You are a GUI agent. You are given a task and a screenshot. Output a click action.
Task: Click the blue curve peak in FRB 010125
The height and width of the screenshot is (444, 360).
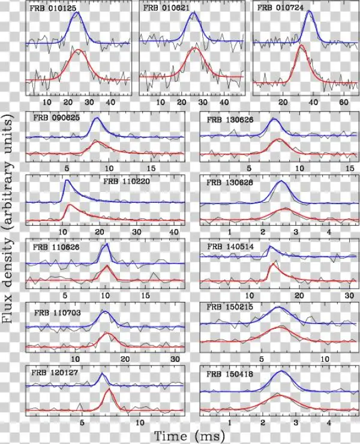pyautogui.click(x=76, y=12)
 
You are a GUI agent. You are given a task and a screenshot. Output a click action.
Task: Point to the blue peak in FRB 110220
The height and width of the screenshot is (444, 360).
pyautogui.click(x=67, y=180)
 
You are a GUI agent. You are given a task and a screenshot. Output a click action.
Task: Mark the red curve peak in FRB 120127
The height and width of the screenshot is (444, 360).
pyautogui.click(x=109, y=390)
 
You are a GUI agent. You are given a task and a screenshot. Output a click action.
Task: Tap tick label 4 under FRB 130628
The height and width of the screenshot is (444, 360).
pyautogui.click(x=329, y=232)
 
